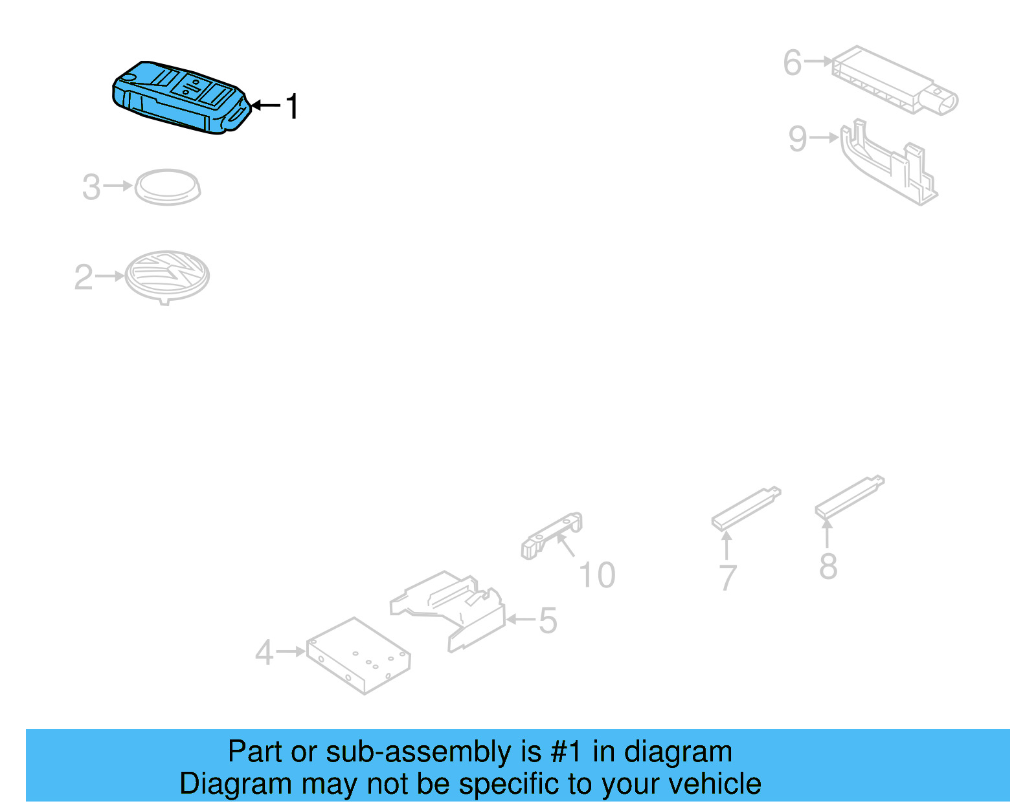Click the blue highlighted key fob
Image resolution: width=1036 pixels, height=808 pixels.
coord(181,97)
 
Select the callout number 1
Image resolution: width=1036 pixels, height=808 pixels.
coord(292,106)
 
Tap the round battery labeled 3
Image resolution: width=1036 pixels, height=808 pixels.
coord(168,187)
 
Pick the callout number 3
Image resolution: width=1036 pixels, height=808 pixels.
coord(91,187)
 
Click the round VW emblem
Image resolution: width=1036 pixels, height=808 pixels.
coord(167,277)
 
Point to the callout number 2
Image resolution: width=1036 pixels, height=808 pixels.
coord(84,277)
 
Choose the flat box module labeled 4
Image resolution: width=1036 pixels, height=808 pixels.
coord(358,655)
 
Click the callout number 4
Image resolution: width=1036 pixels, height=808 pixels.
coord(264,652)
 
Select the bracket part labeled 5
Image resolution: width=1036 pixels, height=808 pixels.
coord(447,611)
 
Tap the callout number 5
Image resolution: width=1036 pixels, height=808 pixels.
coord(548,620)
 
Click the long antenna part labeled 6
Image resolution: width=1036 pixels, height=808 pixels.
coord(894,80)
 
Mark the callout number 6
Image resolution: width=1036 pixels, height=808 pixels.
coord(793,62)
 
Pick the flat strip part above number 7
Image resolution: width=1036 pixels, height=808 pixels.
coord(746,508)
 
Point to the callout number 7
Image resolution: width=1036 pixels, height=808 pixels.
coord(728,578)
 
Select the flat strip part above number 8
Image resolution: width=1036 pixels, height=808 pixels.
coord(850,497)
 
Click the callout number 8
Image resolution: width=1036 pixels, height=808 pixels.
coord(828,566)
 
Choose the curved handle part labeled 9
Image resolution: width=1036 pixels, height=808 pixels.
coord(888,162)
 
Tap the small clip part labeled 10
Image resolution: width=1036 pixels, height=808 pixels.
coord(552,536)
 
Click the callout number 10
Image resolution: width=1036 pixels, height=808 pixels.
coord(597,575)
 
